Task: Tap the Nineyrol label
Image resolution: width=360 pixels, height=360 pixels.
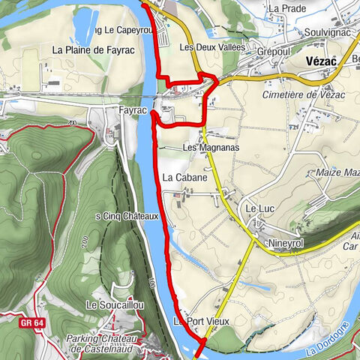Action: [x=285, y=244]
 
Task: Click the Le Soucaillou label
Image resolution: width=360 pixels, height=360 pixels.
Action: [x=114, y=305]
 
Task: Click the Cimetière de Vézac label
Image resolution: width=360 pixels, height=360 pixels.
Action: [x=295, y=94]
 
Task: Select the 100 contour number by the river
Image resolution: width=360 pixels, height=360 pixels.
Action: [x=151, y=283]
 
